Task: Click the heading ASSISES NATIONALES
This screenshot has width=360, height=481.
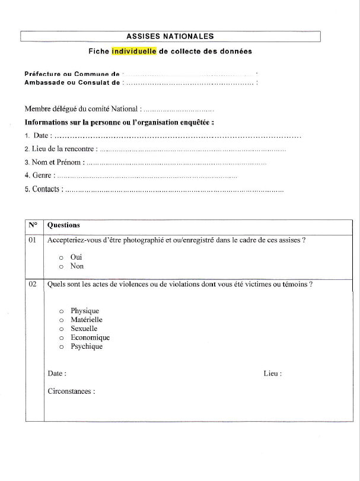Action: [170, 36]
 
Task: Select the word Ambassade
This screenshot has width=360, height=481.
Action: [44, 82]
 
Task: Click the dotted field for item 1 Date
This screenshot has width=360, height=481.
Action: [178, 136]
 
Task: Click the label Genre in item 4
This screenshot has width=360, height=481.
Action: [43, 176]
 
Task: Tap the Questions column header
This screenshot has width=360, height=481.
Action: [63, 225]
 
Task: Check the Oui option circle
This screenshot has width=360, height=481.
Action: [61, 258]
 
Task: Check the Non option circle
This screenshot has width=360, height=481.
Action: [61, 267]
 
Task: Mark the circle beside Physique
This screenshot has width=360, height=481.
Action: [61, 311]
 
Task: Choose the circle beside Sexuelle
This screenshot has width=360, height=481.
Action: [61, 329]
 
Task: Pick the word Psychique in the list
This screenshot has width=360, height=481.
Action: [87, 346]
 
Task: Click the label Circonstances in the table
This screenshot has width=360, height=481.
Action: [71, 391]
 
